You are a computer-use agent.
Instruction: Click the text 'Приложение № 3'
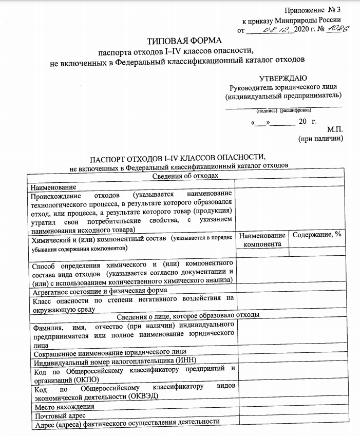[317, 11]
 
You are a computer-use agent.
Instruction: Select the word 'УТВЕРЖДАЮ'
[283, 78]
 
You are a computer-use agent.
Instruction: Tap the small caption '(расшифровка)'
[295, 110]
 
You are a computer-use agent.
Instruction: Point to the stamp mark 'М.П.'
[334, 129]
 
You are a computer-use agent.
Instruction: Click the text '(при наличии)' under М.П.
[320, 139]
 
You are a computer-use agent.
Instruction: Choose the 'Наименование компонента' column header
[262, 239]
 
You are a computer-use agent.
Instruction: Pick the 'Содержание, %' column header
[317, 234]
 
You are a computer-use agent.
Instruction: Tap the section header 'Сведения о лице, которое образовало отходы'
[188, 315]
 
